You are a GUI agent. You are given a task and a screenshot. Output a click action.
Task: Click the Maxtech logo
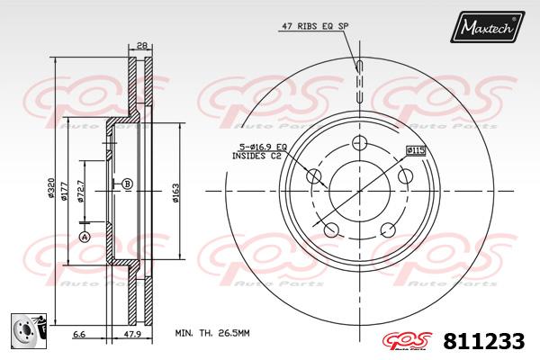coord(487,27)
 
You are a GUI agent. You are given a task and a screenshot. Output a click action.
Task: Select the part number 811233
coord(484,341)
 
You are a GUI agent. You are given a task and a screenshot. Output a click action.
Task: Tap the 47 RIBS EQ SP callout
coord(315,26)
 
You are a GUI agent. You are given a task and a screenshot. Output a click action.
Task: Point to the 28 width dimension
coord(140,45)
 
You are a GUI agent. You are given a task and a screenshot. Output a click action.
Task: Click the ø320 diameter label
coord(51,187)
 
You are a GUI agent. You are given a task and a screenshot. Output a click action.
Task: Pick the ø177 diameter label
coord(64,191)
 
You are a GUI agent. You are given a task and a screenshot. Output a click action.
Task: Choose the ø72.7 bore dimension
coord(80,191)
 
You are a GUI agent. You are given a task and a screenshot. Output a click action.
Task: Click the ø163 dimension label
coord(175,193)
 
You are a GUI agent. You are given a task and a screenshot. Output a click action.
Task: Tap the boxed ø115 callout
coord(416,150)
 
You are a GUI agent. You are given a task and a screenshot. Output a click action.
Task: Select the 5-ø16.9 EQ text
coord(263,147)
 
